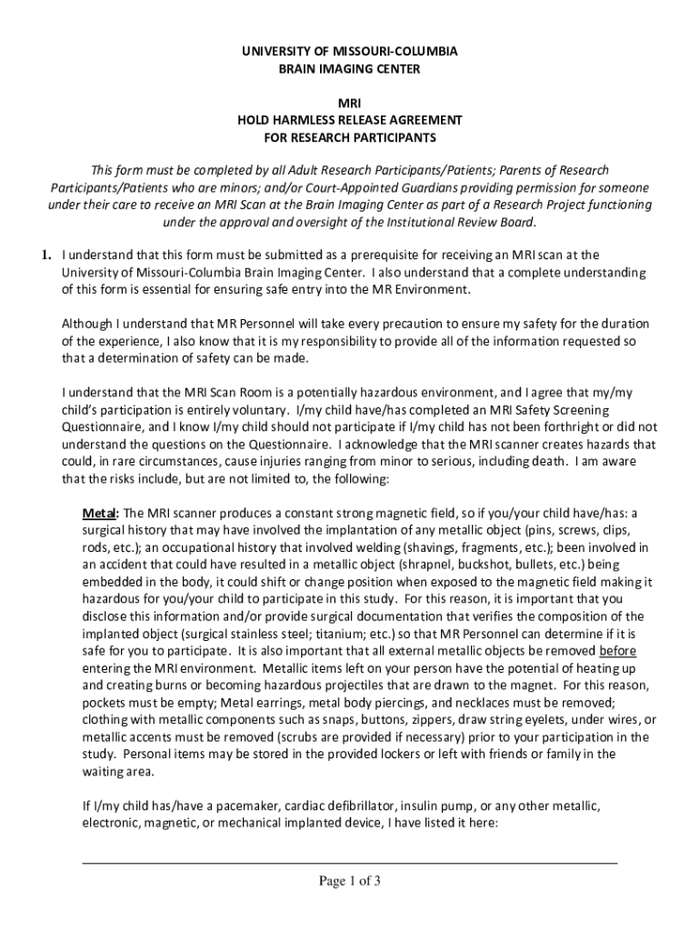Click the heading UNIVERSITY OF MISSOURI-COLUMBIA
point(350,52)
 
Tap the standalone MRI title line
point(350,104)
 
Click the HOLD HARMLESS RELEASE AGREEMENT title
point(350,120)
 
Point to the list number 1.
point(45,255)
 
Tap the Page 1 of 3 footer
point(349,880)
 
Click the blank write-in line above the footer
point(349,860)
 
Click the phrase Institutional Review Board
point(463,222)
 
